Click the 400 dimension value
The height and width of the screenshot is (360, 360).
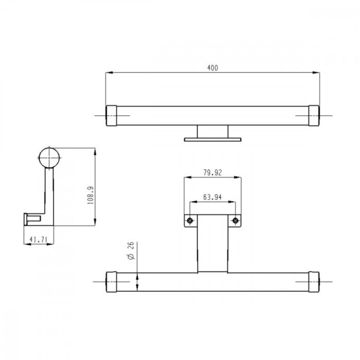[213, 68]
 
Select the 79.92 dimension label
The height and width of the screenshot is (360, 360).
[212, 173]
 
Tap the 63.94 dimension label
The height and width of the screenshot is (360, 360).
[212, 196]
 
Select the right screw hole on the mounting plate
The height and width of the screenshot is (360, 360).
[235, 221]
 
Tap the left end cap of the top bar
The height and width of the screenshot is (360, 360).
[111, 115]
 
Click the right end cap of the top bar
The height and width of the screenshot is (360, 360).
[314, 115]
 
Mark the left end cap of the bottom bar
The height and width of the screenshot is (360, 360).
[111, 281]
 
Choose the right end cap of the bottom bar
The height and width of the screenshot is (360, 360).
[314, 281]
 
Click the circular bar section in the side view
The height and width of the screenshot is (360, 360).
[49, 157]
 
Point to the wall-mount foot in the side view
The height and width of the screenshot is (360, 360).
[31, 219]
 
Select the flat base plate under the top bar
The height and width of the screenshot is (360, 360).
[213, 139]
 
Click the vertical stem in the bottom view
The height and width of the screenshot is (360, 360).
[213, 244]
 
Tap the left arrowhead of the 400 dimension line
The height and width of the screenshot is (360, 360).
[108, 74]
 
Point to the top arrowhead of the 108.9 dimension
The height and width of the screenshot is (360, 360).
[95, 151]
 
